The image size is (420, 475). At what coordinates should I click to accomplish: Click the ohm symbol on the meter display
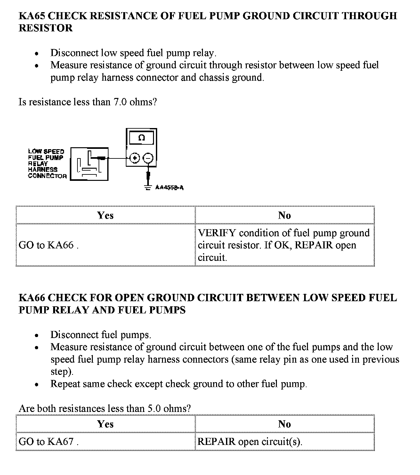(141, 138)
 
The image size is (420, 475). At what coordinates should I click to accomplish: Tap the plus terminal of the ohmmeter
(135, 158)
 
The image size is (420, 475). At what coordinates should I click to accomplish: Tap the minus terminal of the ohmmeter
(148, 158)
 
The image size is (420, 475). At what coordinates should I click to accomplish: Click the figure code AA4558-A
(169, 188)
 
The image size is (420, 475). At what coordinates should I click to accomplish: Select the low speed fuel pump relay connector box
(89, 165)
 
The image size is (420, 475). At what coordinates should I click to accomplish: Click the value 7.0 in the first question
(120, 102)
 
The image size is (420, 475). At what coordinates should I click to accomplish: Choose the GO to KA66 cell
(105, 245)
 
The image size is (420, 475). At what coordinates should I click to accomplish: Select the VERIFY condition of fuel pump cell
(284, 245)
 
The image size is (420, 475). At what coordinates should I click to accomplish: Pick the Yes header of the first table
(105, 215)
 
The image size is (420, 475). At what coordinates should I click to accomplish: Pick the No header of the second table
(284, 424)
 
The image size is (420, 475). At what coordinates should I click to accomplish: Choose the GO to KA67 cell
(105, 442)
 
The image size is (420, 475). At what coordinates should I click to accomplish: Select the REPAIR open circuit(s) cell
(284, 442)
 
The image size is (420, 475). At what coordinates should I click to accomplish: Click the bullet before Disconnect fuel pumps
(37, 336)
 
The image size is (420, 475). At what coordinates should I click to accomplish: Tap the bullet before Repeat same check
(37, 384)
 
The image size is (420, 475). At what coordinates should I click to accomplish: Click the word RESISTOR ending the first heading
(45, 28)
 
